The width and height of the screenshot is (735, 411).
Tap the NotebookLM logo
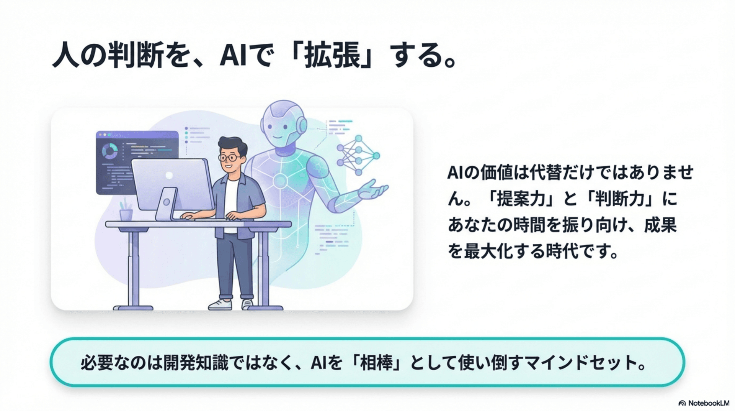(x=704, y=403)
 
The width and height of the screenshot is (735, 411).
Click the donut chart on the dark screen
(x=110, y=151)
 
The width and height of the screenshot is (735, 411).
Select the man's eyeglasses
(x=229, y=157)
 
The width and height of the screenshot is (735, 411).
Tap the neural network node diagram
(x=358, y=155)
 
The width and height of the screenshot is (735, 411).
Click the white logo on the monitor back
(x=169, y=175)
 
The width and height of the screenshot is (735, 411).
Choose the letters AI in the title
(x=232, y=56)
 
